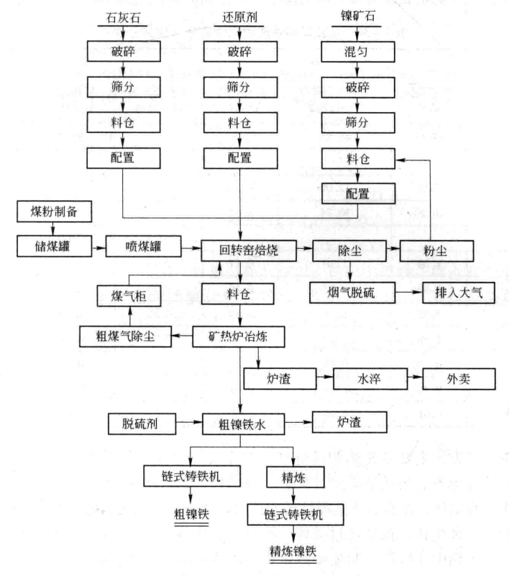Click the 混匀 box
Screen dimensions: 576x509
point(357,51)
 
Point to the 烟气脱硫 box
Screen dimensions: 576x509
point(352,292)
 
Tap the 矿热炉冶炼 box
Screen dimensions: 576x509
point(240,334)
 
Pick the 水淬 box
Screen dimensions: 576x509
point(370,378)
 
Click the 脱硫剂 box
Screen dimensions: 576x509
point(141,424)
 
